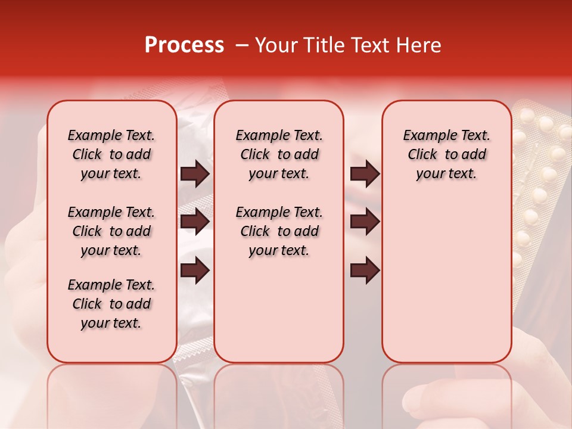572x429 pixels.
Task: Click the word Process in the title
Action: pos(184,45)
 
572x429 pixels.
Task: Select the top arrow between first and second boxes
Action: pos(195,173)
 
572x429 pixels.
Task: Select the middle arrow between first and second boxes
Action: pos(195,222)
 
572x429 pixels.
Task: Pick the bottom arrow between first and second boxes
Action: pos(195,270)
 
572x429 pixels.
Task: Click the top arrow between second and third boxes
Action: pos(365,173)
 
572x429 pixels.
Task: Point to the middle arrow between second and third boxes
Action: pos(365,222)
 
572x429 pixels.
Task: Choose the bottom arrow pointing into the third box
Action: pos(365,270)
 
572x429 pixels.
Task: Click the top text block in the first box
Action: pos(111,154)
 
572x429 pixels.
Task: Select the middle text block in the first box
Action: pos(111,231)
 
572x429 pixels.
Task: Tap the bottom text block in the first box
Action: pos(111,304)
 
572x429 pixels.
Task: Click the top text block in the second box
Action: pos(279,154)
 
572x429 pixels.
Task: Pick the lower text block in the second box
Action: pos(279,231)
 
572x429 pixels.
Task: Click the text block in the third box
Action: pos(446,154)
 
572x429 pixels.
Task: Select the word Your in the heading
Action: pos(275,45)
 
